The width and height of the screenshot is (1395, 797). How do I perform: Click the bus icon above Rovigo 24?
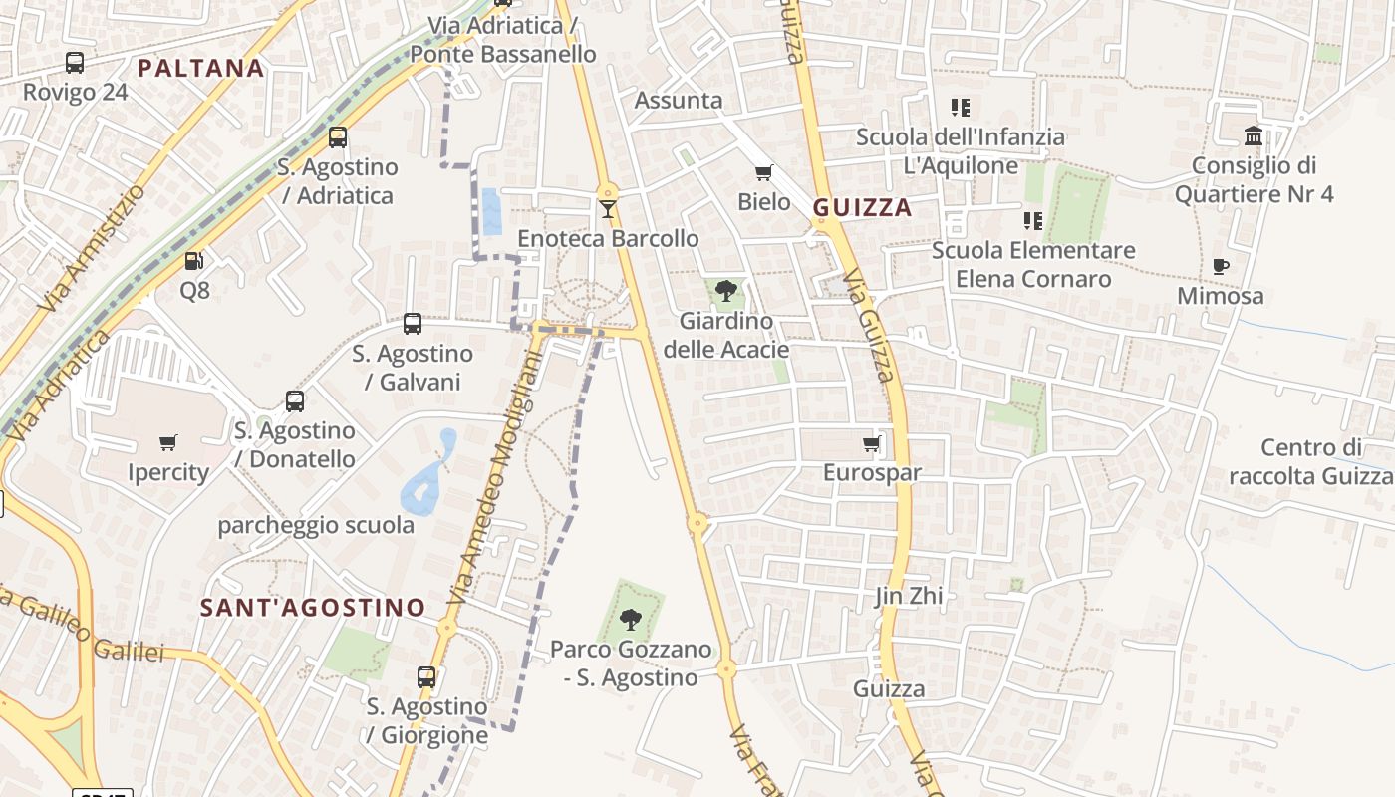pos(75,63)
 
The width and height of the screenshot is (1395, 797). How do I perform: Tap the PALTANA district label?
pos(201,68)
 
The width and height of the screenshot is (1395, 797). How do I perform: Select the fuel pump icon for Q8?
pos(194,261)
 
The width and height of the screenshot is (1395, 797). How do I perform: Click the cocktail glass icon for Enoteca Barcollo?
pos(608,208)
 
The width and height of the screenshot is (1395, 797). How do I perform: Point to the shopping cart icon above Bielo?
pos(764,173)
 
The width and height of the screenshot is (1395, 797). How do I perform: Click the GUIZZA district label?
pos(863,207)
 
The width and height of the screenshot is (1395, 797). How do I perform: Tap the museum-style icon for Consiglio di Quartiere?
pos(1254,135)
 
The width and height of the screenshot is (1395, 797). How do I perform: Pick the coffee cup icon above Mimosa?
pos(1221,266)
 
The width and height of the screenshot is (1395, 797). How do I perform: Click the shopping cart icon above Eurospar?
pos(872,443)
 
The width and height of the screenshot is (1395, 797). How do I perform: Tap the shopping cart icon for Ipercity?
pos(168,442)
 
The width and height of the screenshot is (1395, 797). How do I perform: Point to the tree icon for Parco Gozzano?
pos(630,620)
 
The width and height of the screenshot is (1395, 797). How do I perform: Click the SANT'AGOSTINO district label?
pos(313,607)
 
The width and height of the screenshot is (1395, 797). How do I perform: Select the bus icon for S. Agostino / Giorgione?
pos(426,677)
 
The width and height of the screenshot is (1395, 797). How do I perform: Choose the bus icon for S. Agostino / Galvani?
pos(413,324)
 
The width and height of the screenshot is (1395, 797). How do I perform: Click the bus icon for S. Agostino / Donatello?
pos(295,401)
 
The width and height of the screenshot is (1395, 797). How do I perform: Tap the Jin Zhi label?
pos(908,597)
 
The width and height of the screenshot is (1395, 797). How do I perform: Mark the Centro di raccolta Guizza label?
pos(1310,462)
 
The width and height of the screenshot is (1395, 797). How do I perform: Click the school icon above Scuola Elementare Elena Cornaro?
pos(1033,220)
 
